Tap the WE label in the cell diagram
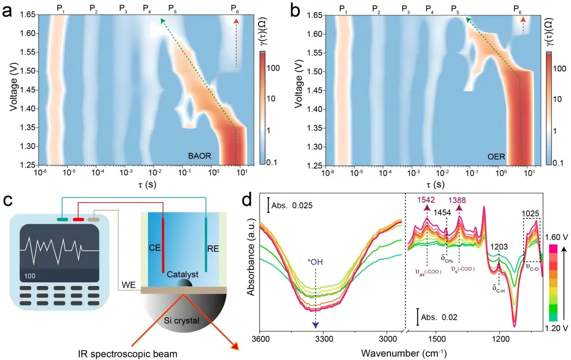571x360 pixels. pyautogui.click(x=128, y=285)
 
